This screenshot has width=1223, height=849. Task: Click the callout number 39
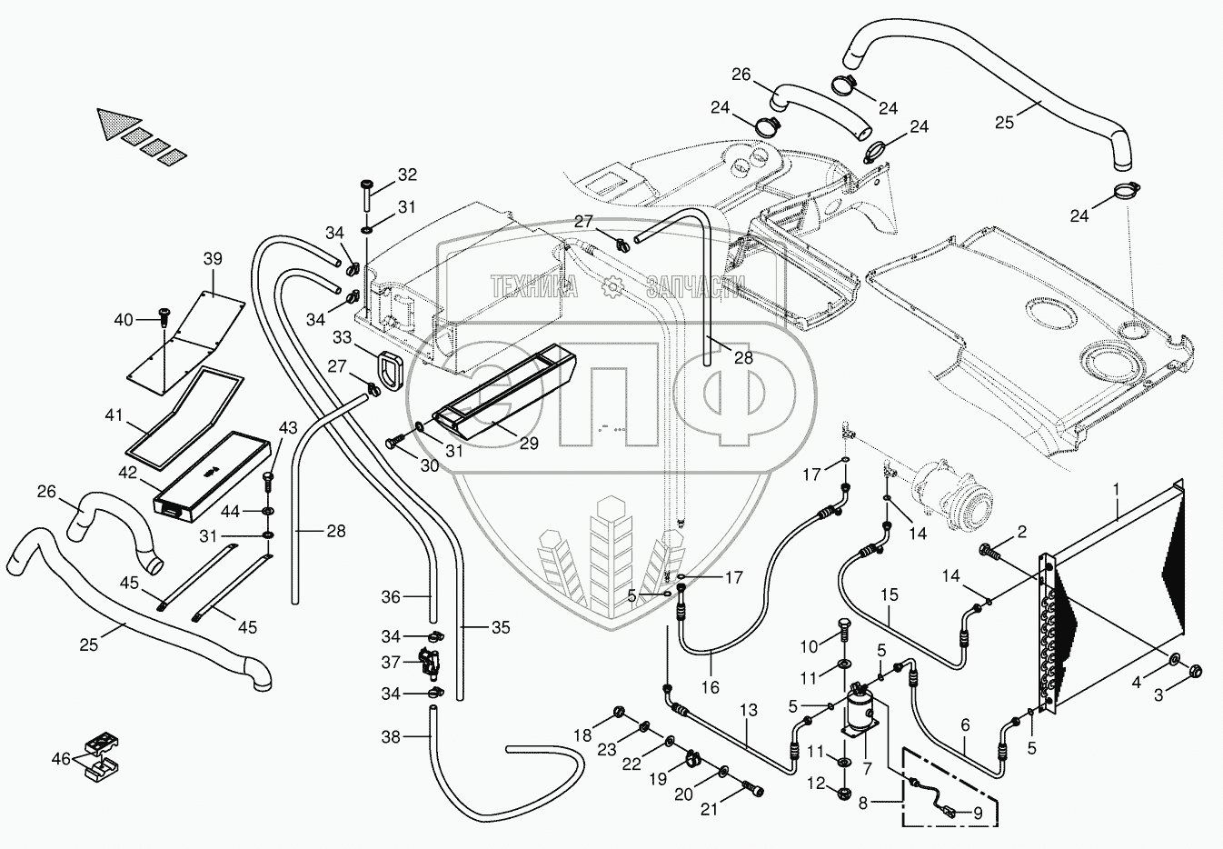click(x=213, y=258)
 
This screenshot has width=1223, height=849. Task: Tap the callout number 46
click(x=61, y=759)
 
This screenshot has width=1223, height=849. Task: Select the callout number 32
click(x=407, y=175)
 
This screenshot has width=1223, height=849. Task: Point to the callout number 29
click(x=529, y=443)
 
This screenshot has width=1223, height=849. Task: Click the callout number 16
click(x=711, y=686)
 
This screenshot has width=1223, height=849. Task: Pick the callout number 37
click(x=391, y=663)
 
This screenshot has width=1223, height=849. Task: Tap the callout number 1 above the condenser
click(x=1117, y=488)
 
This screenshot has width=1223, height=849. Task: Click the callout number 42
click(x=128, y=473)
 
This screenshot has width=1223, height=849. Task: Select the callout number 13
click(x=749, y=710)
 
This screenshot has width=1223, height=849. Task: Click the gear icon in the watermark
click(x=611, y=287)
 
